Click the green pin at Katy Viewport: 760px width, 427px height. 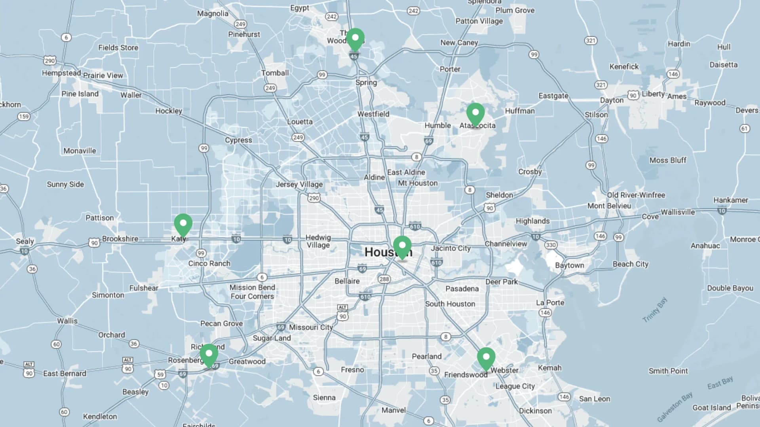click(x=183, y=224)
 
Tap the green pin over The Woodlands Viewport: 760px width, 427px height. click(x=355, y=39)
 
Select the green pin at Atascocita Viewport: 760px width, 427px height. click(x=475, y=113)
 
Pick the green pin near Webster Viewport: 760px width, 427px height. click(x=486, y=358)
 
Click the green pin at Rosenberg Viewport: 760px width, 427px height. click(x=209, y=354)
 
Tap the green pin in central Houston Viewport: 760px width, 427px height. click(x=402, y=246)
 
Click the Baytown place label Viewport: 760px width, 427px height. click(x=569, y=265)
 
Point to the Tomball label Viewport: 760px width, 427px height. click(x=275, y=73)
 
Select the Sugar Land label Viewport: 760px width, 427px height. click(x=272, y=338)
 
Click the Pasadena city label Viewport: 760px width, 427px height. click(x=462, y=289)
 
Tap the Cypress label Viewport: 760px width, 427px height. click(x=238, y=140)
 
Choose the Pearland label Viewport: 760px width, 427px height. click(x=426, y=356)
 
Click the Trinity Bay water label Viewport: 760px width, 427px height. click(x=655, y=310)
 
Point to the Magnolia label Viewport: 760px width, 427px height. click(x=213, y=13)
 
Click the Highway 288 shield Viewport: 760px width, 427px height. click(x=384, y=279)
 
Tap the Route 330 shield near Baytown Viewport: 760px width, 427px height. click(x=551, y=245)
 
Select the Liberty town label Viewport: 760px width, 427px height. click(x=653, y=94)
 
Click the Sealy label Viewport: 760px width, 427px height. click(x=25, y=241)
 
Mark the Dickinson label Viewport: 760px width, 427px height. click(x=535, y=411)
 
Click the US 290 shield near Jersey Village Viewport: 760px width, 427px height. click(x=314, y=198)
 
